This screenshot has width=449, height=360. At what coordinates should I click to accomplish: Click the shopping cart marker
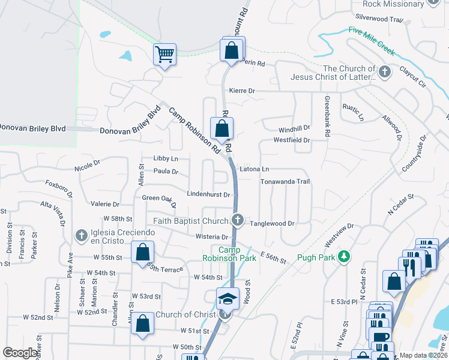pos(164,55)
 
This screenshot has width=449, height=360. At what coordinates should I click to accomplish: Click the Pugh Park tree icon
pos(344,257)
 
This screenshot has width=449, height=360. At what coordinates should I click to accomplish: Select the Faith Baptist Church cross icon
pos(238,220)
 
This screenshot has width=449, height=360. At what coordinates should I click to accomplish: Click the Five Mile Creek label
pos(372,41)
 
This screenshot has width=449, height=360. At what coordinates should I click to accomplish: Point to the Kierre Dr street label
pos(242,91)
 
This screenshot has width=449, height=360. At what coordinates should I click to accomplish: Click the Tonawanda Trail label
pos(285,181)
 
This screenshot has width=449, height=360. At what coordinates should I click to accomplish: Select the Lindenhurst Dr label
pos(209,194)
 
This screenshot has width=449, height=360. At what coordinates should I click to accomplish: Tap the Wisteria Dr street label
pos(212,237)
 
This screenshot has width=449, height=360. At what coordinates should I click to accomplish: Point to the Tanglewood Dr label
pos(272,223)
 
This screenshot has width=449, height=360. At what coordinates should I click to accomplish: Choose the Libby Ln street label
pos(166,158)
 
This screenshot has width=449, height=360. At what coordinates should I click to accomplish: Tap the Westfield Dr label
pos(291,140)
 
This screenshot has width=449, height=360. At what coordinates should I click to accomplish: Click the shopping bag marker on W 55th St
pos(143,252)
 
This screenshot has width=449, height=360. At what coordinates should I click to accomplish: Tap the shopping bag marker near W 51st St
pos(143,324)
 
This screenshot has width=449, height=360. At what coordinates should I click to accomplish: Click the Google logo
pos(20,353)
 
